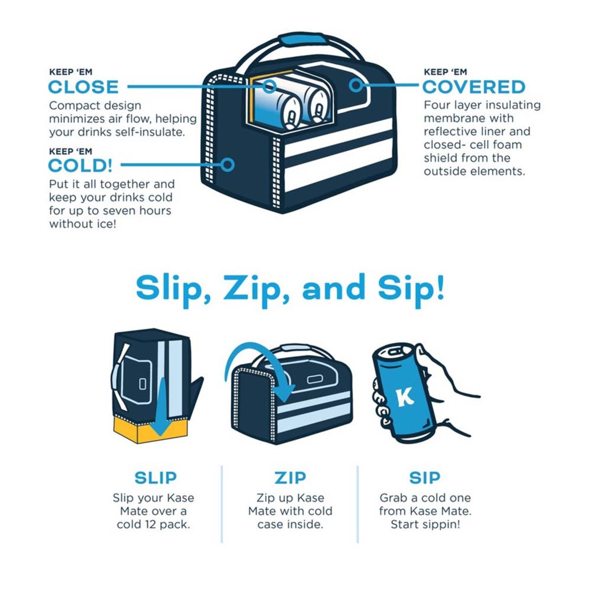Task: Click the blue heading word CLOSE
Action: [x=83, y=87]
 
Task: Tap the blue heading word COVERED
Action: [x=474, y=87]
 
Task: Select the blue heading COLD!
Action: [x=80, y=166]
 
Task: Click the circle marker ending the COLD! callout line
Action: [x=228, y=164]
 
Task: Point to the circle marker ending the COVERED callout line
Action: [x=356, y=85]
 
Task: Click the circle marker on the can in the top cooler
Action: [x=269, y=87]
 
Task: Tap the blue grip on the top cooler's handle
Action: [x=302, y=40]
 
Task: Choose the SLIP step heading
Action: [x=156, y=478]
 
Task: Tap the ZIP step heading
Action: [x=290, y=478]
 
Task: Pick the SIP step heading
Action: [x=425, y=478]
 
